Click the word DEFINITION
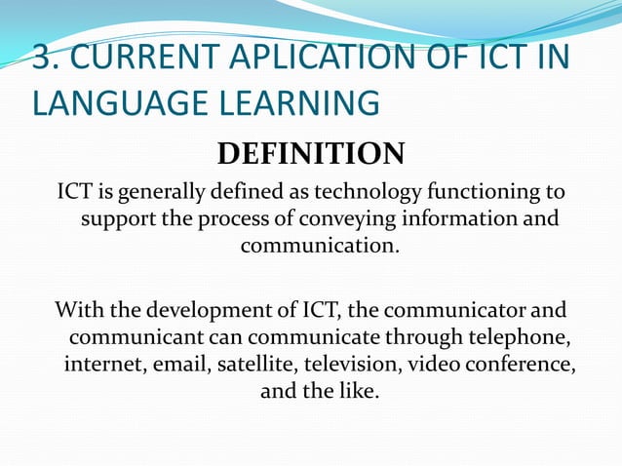(x=310, y=154)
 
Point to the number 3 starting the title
(x=42, y=58)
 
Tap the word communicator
(x=442, y=312)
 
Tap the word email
(x=175, y=366)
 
